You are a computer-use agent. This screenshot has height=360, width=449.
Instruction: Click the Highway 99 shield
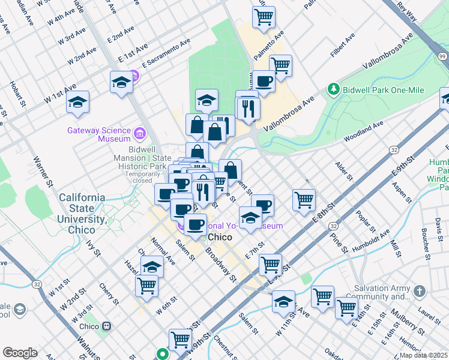(x=442, y=56)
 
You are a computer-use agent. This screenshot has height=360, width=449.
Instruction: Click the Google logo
(x=20, y=353)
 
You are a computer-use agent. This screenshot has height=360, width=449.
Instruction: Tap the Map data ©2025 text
(x=423, y=355)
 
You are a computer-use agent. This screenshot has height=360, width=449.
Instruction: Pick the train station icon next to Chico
(x=107, y=326)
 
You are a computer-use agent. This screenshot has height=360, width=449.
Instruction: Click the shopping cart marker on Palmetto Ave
(x=263, y=17)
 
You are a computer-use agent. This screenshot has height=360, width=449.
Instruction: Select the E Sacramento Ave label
(x=166, y=53)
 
